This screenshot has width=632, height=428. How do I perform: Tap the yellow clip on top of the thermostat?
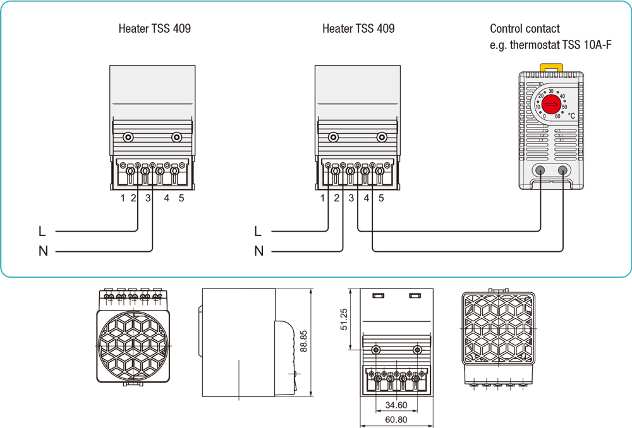[x=551, y=66]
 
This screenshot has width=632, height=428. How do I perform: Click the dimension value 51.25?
[x=344, y=319]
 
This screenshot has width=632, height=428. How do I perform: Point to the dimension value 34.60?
[x=396, y=405]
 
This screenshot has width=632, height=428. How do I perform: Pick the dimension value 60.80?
[x=396, y=419]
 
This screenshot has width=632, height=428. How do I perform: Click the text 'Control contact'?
[x=525, y=28]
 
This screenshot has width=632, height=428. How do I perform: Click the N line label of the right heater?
[x=258, y=251]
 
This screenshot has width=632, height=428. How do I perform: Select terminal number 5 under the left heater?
[x=181, y=198]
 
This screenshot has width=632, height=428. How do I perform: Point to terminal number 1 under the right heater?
[x=323, y=198]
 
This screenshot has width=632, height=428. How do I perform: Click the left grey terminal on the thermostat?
[x=540, y=170]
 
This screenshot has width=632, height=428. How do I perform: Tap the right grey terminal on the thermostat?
[x=562, y=170]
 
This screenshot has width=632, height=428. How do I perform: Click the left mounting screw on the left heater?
[x=128, y=136]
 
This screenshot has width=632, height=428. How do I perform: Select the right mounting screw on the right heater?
[x=381, y=136]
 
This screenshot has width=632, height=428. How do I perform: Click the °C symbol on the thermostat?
[x=571, y=116]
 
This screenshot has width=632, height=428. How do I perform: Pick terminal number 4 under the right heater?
[x=367, y=198]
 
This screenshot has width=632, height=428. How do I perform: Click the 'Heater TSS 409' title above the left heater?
[x=154, y=28]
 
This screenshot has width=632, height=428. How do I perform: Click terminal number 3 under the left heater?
[x=148, y=198]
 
